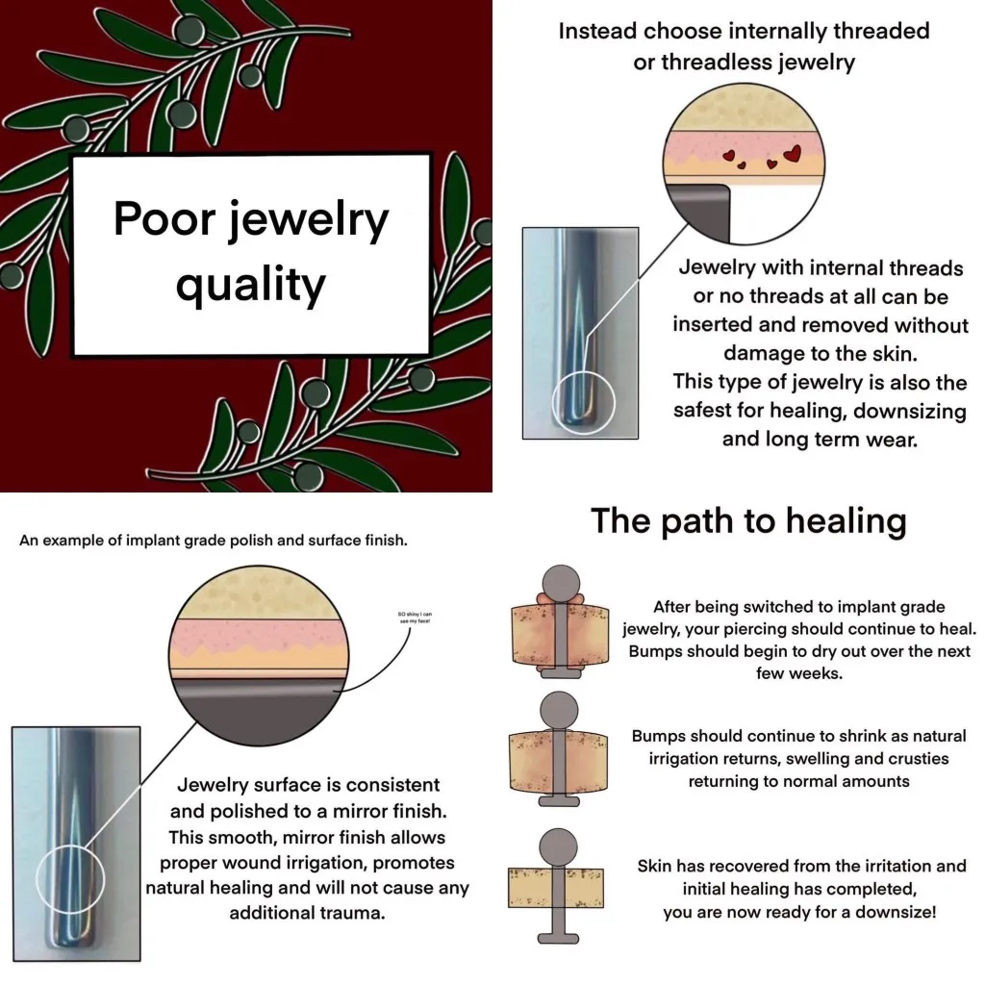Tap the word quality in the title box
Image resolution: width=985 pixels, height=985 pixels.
(x=251, y=286)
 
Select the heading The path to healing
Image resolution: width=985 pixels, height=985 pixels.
(x=747, y=520)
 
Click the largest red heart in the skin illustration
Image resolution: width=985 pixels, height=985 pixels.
(x=793, y=152)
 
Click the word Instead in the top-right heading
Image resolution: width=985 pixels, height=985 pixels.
(x=598, y=31)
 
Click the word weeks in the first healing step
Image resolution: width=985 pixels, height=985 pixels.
(x=810, y=673)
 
